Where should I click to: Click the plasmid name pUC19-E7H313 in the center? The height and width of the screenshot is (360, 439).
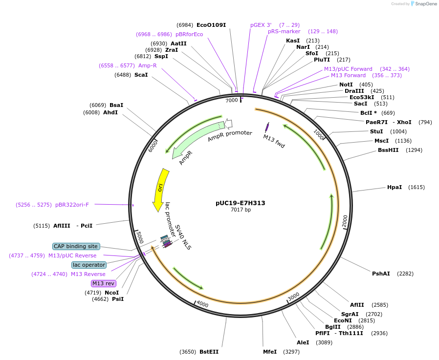tap(240, 203)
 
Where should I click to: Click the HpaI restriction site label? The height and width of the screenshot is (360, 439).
tap(395, 187)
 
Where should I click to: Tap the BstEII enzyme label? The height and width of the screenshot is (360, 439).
tap(209, 352)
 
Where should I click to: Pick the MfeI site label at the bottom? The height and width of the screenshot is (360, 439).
tap(270, 352)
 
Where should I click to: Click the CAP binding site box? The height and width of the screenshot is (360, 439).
tap(76, 247)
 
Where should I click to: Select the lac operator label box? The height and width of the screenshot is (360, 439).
tap(88, 265)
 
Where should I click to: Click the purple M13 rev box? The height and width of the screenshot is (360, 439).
tap(103, 283)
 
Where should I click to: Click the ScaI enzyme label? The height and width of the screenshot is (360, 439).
tap(141, 75)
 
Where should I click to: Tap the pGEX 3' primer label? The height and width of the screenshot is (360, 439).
tap(261, 25)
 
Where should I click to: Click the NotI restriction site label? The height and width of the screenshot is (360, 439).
tap(346, 85)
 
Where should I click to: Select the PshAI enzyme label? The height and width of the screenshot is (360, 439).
tap(381, 274)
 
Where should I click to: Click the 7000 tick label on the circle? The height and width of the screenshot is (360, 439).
tap(232, 100)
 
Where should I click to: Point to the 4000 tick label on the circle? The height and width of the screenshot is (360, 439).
tap(202, 304)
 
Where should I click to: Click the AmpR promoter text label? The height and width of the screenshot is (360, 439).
tap(230, 136)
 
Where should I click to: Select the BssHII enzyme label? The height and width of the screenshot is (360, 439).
tap(388, 150)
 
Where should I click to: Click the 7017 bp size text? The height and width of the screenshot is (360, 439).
tap(241, 210)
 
